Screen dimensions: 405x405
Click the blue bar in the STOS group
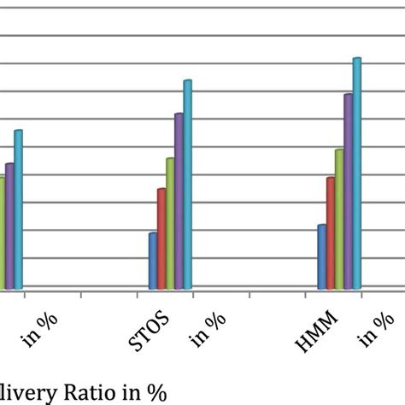(153, 261)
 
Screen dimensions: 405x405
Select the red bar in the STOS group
(161, 238)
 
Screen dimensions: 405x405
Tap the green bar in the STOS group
(170, 223)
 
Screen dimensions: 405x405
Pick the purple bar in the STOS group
(179, 201)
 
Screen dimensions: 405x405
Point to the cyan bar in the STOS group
(188, 185)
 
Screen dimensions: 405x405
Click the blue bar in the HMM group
(321, 256)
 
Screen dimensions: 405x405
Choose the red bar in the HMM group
(330, 232)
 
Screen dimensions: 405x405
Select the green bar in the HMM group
(338, 219)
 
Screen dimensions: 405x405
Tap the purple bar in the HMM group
(348, 191)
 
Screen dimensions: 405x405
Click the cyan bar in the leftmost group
(18, 209)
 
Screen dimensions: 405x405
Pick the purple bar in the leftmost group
(9, 226)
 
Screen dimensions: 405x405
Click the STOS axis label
(150, 334)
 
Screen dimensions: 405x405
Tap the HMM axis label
(317, 334)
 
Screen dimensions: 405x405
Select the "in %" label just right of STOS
(209, 330)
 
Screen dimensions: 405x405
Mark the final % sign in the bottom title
(155, 391)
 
